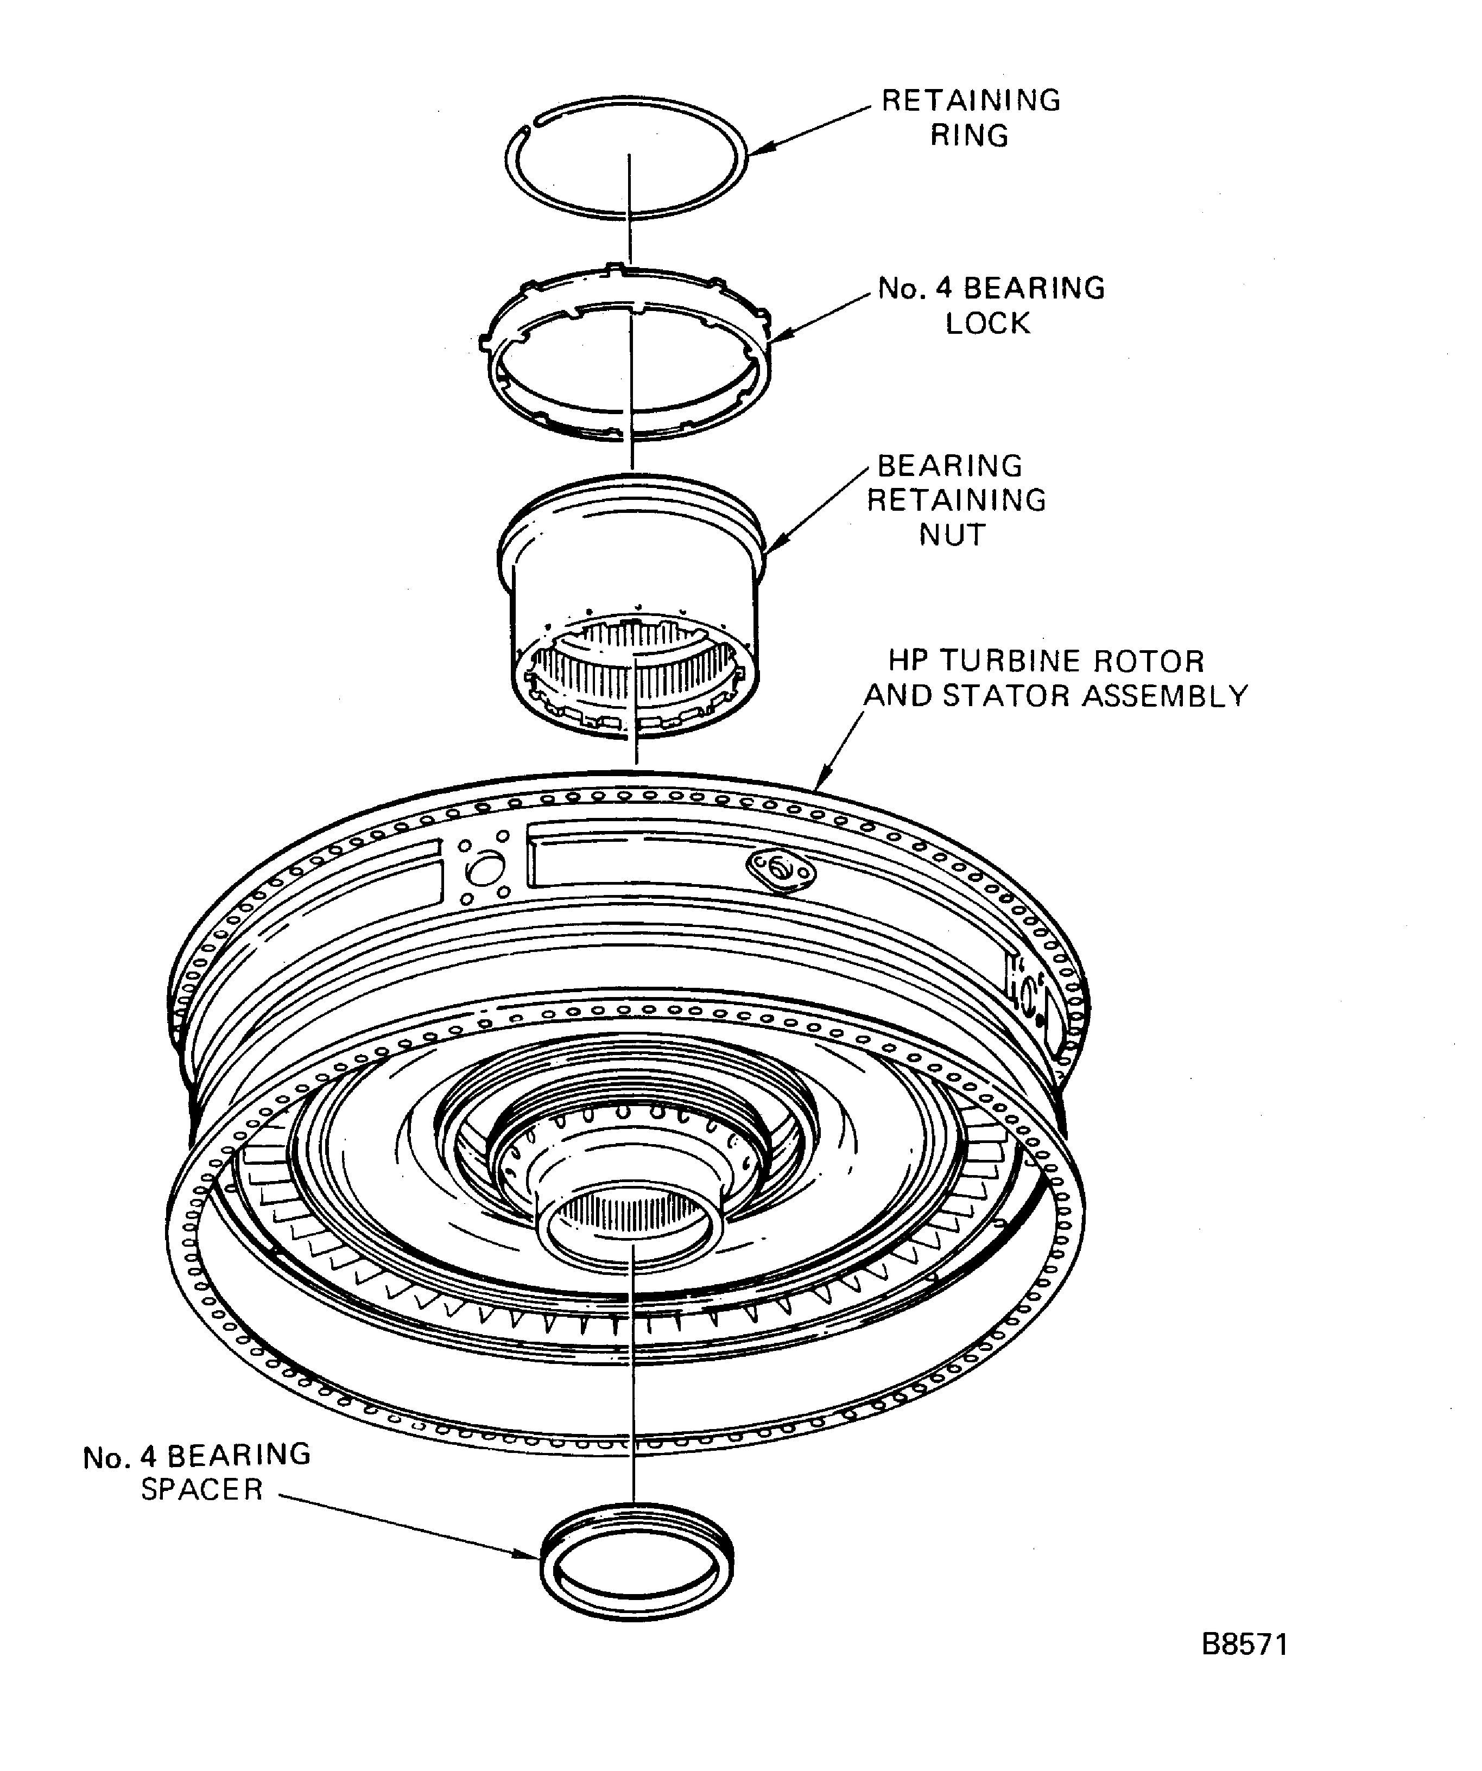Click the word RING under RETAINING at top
coord(969,136)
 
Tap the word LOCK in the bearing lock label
coord(987,324)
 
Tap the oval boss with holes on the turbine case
coord(781,869)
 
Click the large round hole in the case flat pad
coord(485,868)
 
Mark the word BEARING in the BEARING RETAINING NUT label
coord(950,466)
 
